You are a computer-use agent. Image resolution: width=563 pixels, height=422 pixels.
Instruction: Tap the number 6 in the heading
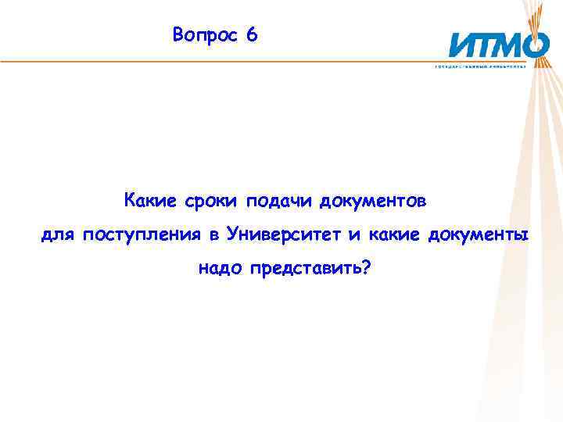(251, 36)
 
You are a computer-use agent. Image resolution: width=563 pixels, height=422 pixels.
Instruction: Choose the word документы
(479, 235)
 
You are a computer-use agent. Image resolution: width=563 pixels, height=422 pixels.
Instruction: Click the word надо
(221, 269)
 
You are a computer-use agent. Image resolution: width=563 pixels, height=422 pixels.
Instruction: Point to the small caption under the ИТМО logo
(491, 66)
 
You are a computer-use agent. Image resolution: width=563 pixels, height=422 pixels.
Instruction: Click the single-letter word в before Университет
(213, 235)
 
